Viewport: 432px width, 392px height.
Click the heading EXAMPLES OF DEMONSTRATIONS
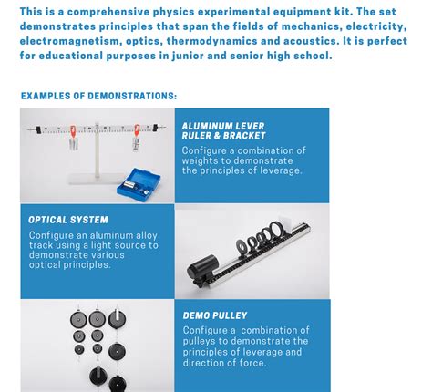(98, 96)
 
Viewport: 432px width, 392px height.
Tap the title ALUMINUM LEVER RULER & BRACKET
(224, 130)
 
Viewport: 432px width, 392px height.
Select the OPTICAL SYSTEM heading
(68, 220)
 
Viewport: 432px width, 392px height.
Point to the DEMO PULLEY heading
(215, 315)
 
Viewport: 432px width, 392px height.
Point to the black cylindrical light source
(201, 269)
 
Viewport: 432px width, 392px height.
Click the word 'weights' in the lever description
(202, 160)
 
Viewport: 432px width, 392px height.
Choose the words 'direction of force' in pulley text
(224, 363)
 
